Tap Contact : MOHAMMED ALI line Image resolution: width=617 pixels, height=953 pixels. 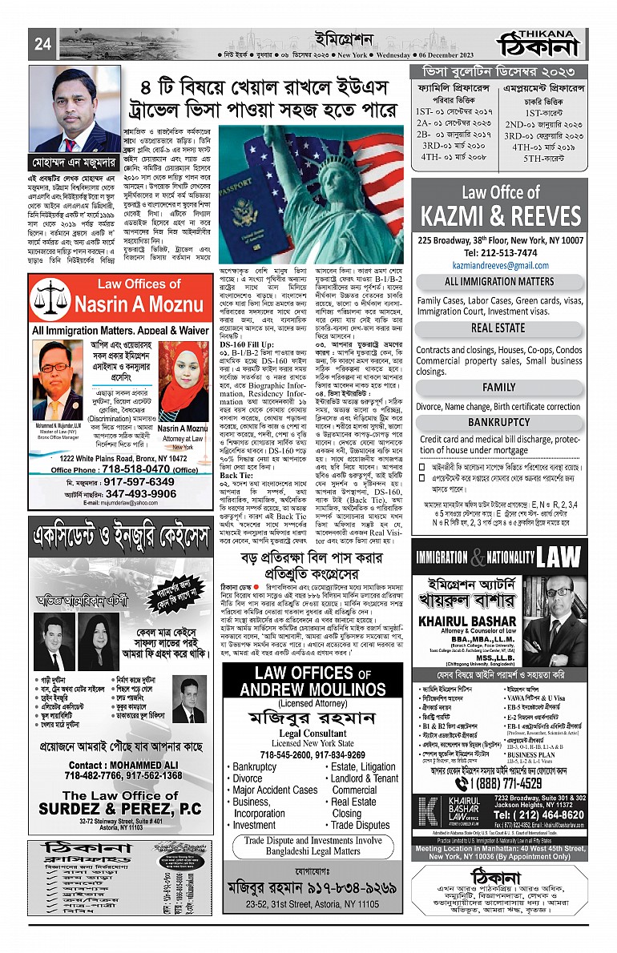117,764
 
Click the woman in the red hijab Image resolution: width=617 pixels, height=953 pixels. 183,374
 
